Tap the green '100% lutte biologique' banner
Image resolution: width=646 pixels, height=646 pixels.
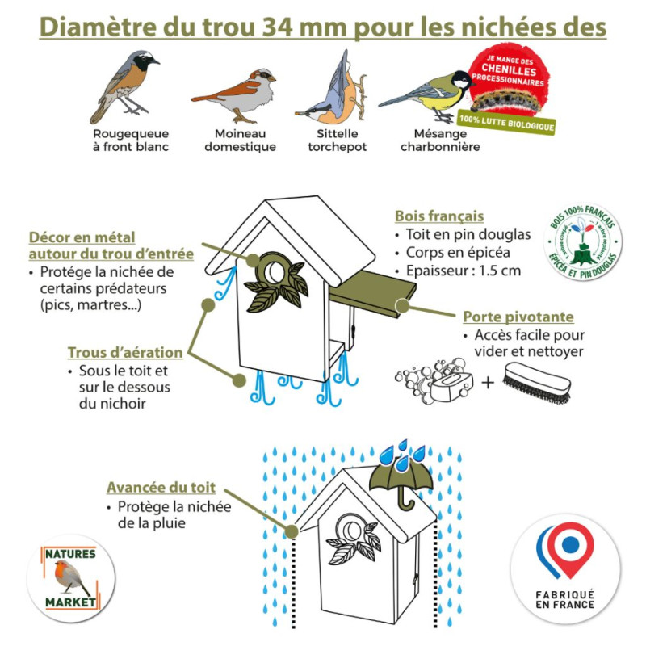coord(507,124)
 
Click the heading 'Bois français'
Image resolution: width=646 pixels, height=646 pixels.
coord(439,216)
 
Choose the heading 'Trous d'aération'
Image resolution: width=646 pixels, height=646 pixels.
coord(124,353)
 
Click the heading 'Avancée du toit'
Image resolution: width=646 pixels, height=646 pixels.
coord(161,488)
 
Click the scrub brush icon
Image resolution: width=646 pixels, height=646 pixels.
coord(539,379)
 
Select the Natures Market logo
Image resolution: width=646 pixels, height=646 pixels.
coord(70,578)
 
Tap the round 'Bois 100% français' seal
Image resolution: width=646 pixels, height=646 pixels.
coord(582,243)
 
